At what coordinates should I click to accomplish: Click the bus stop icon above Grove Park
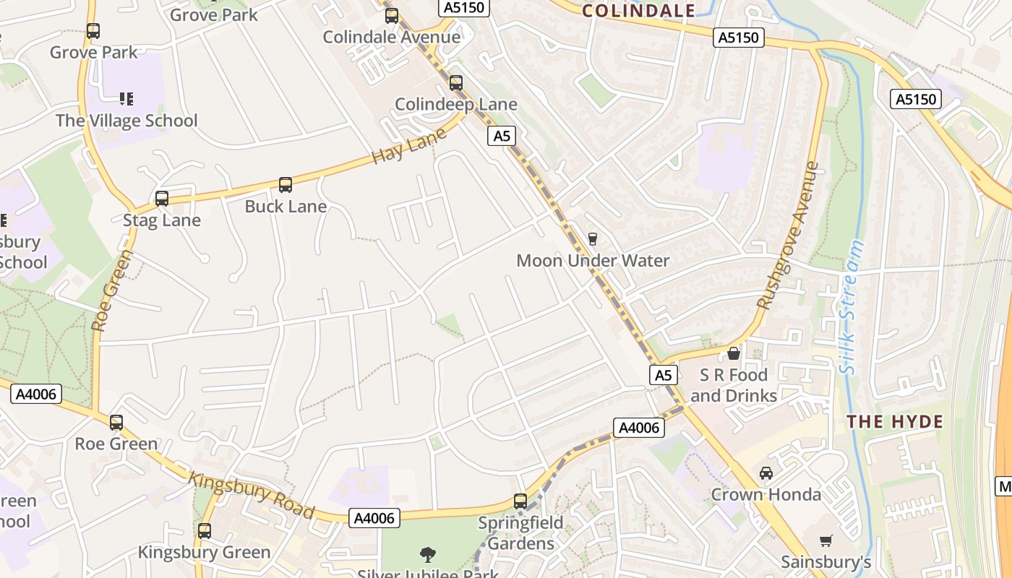[93, 31]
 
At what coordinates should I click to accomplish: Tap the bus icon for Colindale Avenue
[392, 15]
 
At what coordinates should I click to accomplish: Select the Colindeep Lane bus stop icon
[455, 83]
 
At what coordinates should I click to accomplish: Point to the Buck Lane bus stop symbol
[286, 185]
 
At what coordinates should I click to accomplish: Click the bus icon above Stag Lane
[162, 198]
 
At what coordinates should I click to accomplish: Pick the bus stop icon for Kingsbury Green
[205, 531]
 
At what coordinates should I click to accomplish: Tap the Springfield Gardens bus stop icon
[520, 501]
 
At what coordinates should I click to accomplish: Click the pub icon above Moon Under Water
[593, 238]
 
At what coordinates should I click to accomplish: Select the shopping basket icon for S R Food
[734, 353]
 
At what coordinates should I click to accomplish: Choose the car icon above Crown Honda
[766, 473]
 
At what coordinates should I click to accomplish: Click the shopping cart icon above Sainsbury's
[826, 540]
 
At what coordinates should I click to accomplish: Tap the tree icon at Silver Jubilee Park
[428, 555]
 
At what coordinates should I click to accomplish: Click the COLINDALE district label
[638, 10]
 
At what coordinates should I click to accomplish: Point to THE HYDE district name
[895, 422]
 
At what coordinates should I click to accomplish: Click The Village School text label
[126, 121]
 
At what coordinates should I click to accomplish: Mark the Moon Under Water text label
[593, 261]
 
